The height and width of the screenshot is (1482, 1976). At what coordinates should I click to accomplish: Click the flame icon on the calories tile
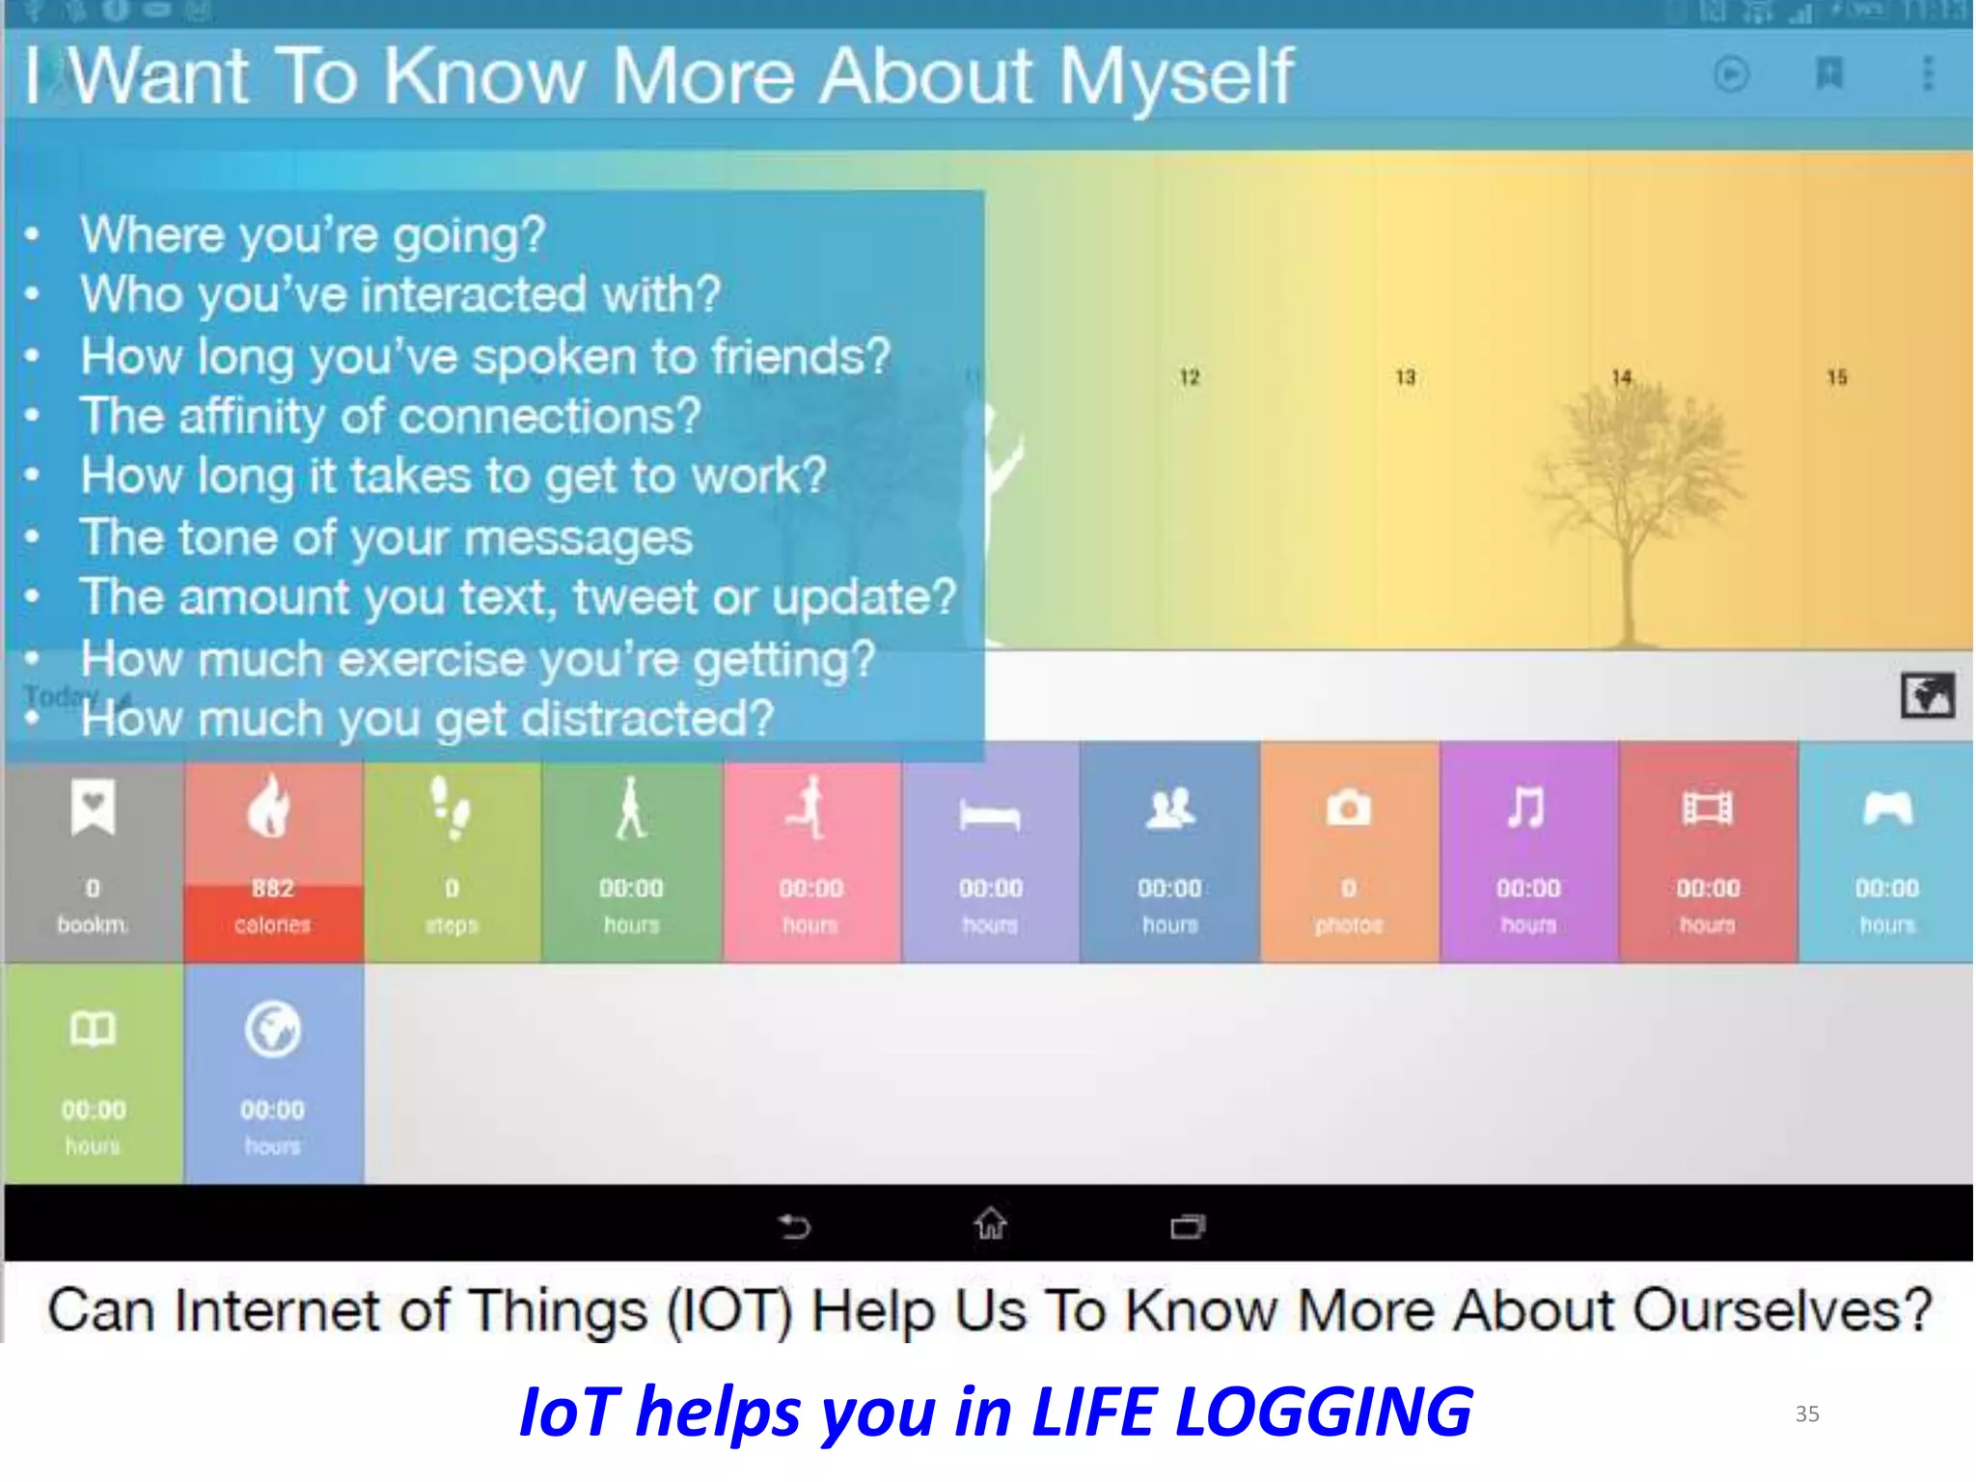click(x=270, y=807)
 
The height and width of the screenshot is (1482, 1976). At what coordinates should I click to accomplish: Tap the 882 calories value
click(x=273, y=888)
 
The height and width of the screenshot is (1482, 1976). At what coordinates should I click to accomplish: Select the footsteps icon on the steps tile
click(x=451, y=809)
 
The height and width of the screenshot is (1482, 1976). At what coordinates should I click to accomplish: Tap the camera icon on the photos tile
click(x=1348, y=809)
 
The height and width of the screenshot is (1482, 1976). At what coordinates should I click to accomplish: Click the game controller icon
click(x=1887, y=809)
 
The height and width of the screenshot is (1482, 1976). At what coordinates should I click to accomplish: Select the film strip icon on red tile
click(x=1707, y=809)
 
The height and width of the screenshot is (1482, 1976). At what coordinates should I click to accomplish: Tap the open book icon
click(x=93, y=1029)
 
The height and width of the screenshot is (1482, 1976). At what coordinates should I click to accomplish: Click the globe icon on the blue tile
click(x=273, y=1029)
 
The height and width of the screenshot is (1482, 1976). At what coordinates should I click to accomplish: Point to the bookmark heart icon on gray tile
click(x=93, y=807)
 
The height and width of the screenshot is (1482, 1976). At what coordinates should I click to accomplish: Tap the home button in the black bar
click(x=990, y=1224)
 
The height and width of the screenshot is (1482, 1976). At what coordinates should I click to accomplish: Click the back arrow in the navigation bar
click(x=794, y=1226)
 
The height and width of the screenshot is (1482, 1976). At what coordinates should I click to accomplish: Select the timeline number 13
click(x=1405, y=377)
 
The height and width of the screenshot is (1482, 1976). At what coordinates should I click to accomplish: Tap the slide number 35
click(x=1806, y=1414)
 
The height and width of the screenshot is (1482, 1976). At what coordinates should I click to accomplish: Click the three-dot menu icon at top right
click(x=1928, y=74)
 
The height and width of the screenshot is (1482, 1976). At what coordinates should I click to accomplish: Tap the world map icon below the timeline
click(x=1927, y=696)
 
